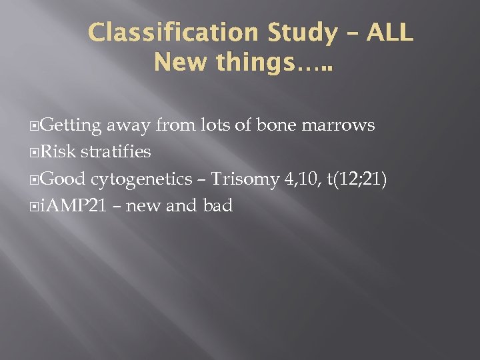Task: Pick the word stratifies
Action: pos(116,152)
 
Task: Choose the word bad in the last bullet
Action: pos(217,206)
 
